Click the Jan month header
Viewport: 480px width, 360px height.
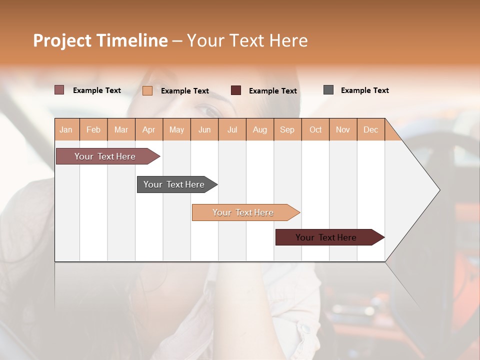(x=66, y=129)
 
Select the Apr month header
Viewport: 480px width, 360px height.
(x=148, y=129)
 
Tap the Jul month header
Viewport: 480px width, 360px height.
(x=232, y=129)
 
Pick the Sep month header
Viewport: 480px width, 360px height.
(x=287, y=129)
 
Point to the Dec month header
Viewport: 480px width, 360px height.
(x=370, y=129)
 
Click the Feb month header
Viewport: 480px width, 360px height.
(x=93, y=129)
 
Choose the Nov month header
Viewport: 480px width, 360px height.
(x=342, y=129)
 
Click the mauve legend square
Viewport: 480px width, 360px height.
(x=59, y=90)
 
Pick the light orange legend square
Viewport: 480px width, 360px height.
(x=147, y=90)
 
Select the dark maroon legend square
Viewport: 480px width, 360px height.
(x=235, y=90)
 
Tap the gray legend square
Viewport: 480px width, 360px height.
(x=328, y=90)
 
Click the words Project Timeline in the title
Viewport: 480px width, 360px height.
(x=100, y=40)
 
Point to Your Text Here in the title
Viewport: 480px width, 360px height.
(x=247, y=40)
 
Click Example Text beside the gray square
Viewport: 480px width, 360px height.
(x=364, y=90)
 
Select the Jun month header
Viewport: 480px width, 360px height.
(x=204, y=129)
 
